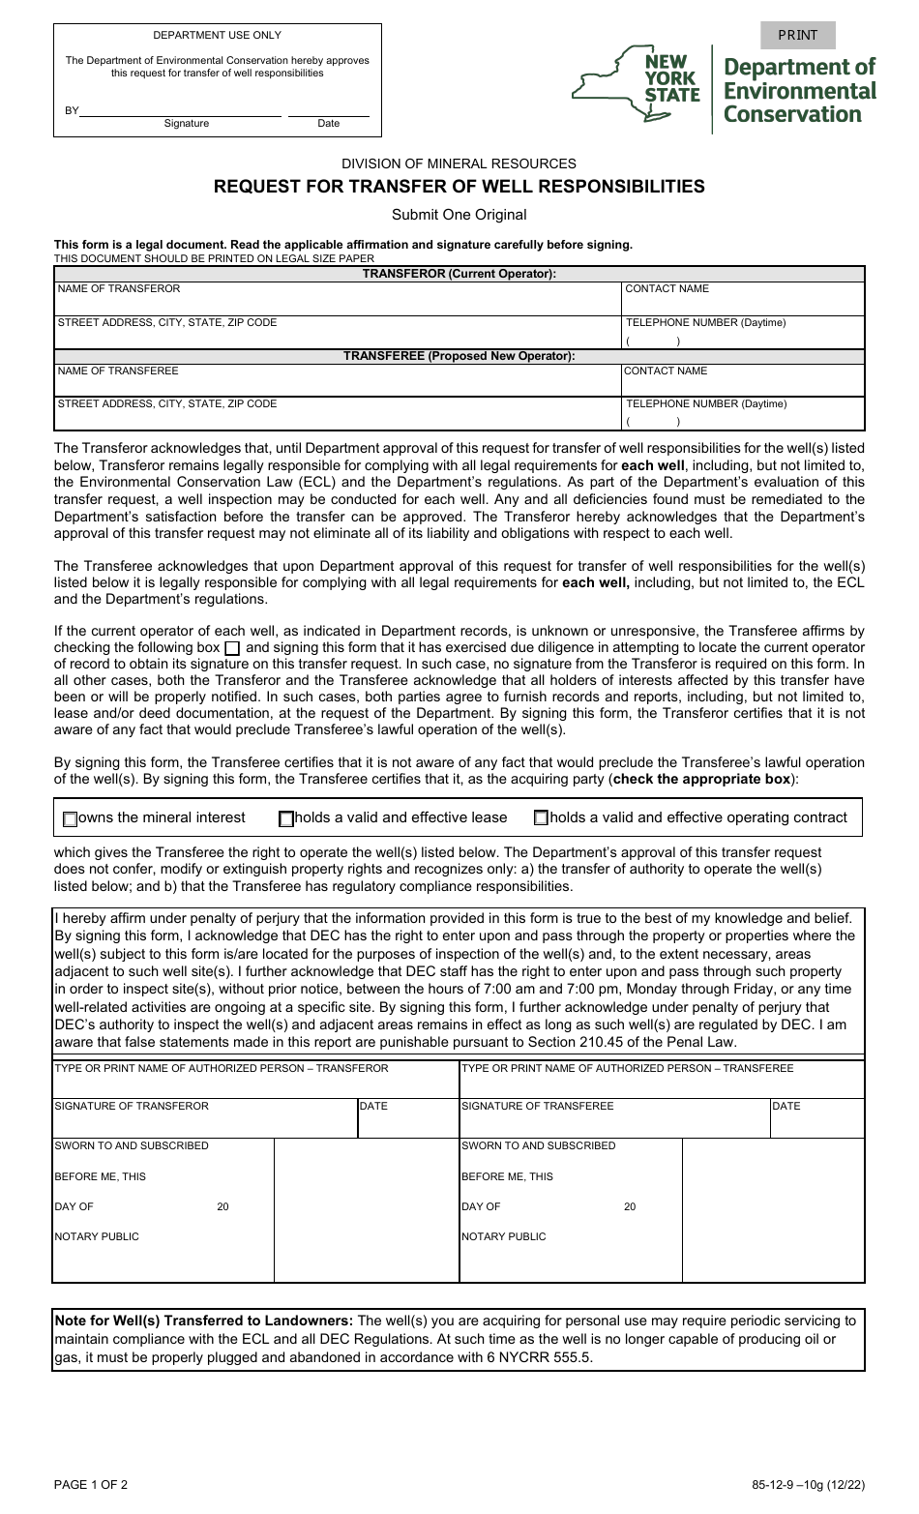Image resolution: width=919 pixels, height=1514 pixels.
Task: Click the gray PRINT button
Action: click(x=797, y=35)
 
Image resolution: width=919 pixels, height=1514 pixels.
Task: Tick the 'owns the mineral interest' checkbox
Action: click(x=70, y=819)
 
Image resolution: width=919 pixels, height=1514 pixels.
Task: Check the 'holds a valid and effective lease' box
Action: click(x=286, y=819)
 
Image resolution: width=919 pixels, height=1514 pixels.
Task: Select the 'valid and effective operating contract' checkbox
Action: click(x=541, y=818)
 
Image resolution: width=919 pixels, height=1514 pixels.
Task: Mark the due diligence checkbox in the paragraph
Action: click(x=232, y=648)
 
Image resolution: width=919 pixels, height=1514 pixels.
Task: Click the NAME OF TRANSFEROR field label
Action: click(x=119, y=288)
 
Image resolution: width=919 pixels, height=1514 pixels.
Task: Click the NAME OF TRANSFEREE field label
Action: click(x=118, y=371)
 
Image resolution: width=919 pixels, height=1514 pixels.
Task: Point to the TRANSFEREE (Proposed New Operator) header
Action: click(x=459, y=356)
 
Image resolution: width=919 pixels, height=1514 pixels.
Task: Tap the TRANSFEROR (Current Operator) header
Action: click(x=459, y=274)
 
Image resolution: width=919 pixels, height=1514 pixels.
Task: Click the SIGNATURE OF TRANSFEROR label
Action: click(x=132, y=1106)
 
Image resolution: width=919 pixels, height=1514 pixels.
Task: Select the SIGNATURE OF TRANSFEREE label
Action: click(x=538, y=1106)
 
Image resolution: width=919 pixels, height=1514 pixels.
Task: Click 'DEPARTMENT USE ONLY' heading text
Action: click(x=217, y=35)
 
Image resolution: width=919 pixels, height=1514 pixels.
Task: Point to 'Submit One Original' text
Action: click(x=459, y=215)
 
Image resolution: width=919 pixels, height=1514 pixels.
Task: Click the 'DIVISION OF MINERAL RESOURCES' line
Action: click(x=459, y=163)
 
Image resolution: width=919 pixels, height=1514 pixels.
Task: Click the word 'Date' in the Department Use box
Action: click(x=329, y=123)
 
